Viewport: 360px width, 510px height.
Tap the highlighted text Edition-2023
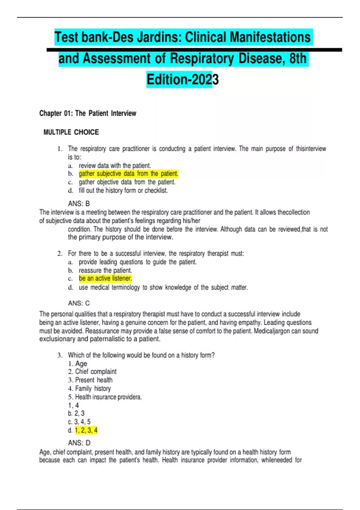[182, 79]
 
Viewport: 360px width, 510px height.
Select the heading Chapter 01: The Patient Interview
[88, 113]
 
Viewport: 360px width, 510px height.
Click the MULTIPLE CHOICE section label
[71, 132]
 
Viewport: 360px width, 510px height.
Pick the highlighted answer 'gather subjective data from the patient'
[128, 174]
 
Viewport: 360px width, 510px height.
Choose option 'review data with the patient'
[115, 166]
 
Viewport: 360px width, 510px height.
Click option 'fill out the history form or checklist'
[123, 190]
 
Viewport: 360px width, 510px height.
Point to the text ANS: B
[79, 204]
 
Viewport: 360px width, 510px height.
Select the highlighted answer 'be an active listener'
[105, 278]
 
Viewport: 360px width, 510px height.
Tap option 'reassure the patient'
[105, 270]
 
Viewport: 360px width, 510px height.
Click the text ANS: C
[79, 303]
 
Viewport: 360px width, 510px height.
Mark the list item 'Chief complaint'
[95, 372]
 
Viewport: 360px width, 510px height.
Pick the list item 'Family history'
[93, 388]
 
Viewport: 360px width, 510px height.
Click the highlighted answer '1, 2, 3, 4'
[86, 430]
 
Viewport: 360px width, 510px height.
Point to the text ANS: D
[79, 443]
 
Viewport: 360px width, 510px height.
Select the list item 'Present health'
[94, 380]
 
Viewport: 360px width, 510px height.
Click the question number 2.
[60, 254]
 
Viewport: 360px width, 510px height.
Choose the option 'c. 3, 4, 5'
[79, 422]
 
